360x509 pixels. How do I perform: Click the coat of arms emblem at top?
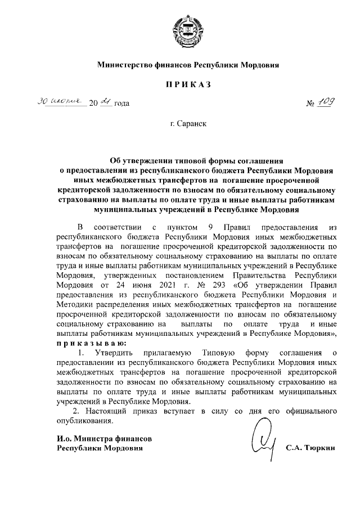[x=179, y=28]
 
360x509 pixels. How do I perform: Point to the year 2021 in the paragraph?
[x=138, y=285]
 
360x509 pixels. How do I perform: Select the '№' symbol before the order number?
[x=310, y=104]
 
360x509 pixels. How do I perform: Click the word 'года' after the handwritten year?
[x=122, y=104]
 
